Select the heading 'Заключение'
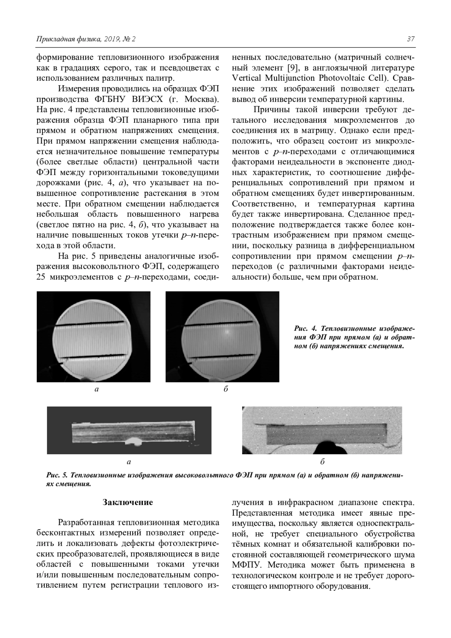point(128,502)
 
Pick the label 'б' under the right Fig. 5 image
point(322,461)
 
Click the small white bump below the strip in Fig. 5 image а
point(133,439)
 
